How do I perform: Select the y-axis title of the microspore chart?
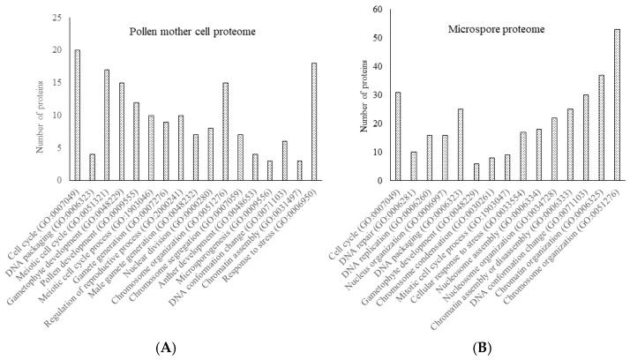point(362,95)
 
